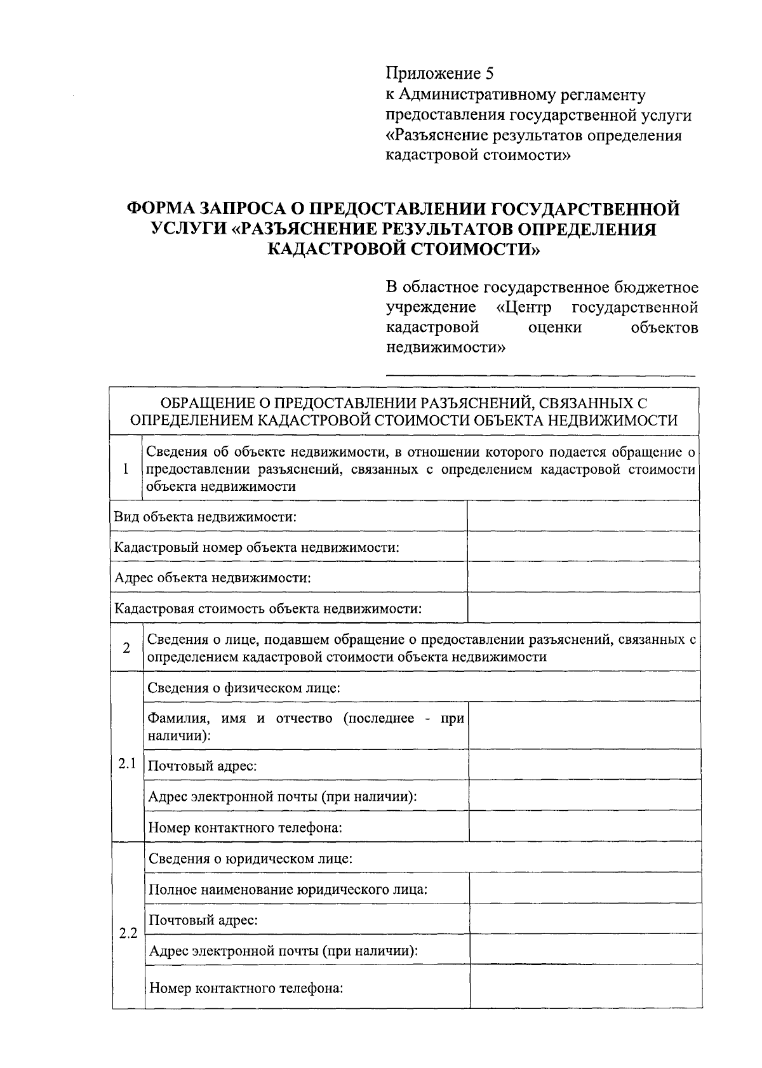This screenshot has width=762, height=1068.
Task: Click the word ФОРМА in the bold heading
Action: point(161,209)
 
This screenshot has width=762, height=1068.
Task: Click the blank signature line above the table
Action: point(540,375)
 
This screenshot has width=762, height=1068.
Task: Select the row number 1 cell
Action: point(126,469)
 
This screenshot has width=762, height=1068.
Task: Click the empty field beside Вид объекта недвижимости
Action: point(582,516)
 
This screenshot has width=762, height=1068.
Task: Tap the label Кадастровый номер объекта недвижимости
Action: point(257,547)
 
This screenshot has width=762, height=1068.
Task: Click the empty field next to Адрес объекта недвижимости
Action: point(582,578)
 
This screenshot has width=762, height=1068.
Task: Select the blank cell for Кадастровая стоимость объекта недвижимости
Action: point(582,608)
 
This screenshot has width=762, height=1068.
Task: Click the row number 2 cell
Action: point(126,648)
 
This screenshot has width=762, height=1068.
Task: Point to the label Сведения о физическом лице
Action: point(244,688)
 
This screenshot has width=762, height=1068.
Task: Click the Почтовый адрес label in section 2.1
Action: point(202,766)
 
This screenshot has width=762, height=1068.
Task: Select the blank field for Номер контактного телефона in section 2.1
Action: point(584,827)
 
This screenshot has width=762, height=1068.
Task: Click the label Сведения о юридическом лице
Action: point(250,858)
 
